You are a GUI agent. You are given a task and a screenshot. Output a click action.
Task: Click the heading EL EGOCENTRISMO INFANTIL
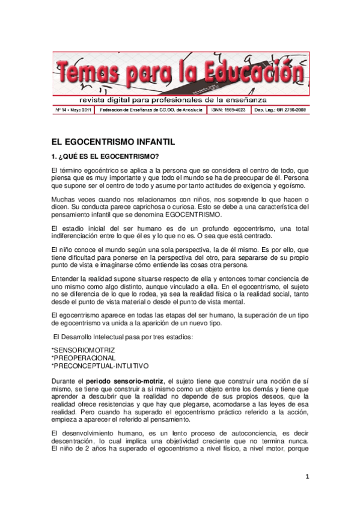pyautogui.click(x=112, y=143)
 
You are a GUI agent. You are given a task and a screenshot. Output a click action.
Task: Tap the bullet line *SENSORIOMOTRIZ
pyautogui.click(x=83, y=349)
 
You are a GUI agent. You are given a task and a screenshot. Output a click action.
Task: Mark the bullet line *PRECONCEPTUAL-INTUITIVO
pyautogui.click(x=100, y=366)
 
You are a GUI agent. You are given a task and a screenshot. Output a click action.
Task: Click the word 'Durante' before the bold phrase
pyautogui.click(x=66, y=381)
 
